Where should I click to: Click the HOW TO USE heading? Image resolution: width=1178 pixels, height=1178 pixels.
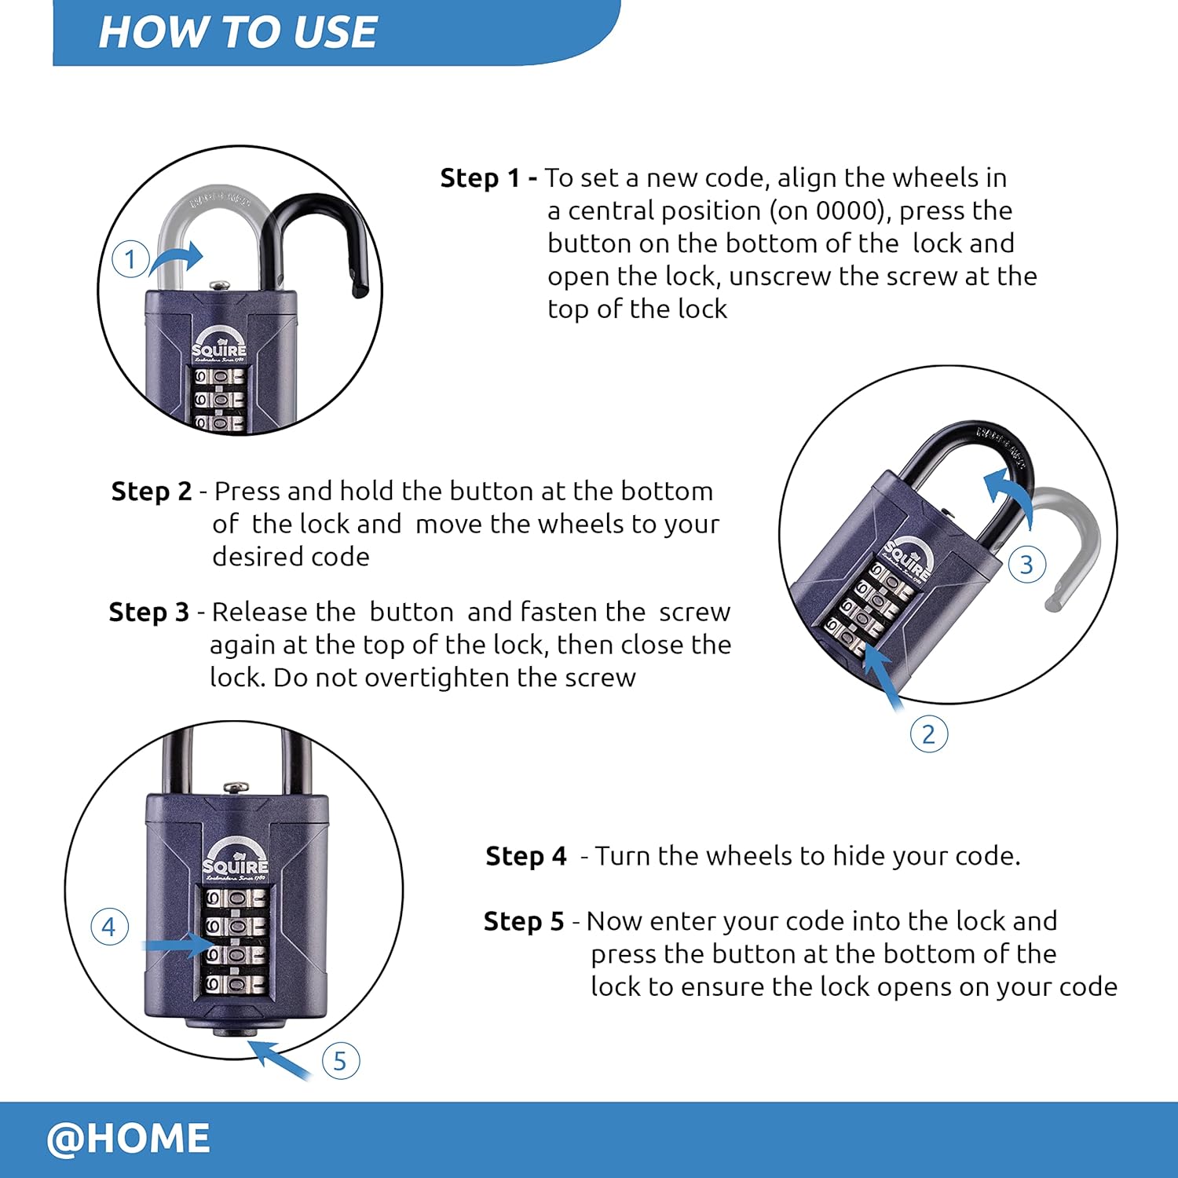pyautogui.click(x=238, y=33)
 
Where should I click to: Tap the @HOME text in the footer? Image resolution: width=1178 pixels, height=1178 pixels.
pyautogui.click(x=128, y=1138)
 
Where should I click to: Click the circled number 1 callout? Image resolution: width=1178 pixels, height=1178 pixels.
pyautogui.click(x=130, y=259)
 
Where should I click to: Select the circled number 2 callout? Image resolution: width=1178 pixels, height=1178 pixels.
pyautogui.click(x=928, y=734)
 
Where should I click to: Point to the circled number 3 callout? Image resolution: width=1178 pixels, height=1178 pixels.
pyautogui.click(x=1026, y=565)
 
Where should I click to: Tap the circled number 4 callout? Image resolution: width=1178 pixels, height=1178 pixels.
pyautogui.click(x=109, y=927)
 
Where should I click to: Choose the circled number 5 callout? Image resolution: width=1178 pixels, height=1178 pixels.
pyautogui.click(x=340, y=1061)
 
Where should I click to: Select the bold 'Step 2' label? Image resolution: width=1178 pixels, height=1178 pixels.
pyautogui.click(x=152, y=492)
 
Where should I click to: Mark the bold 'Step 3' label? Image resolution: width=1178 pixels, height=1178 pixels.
pyautogui.click(x=149, y=613)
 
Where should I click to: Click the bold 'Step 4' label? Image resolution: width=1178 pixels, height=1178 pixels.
pyautogui.click(x=525, y=856)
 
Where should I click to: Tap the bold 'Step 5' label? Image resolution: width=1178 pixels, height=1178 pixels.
pyautogui.click(x=523, y=921)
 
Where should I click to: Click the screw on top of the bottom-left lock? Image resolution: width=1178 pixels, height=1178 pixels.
pyautogui.click(x=236, y=787)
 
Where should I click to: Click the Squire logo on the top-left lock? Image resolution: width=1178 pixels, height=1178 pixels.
pyautogui.click(x=219, y=346)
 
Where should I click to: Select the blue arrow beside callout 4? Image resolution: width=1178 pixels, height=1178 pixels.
pyautogui.click(x=177, y=945)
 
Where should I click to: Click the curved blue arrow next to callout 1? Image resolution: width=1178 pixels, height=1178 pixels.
pyautogui.click(x=177, y=258)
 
